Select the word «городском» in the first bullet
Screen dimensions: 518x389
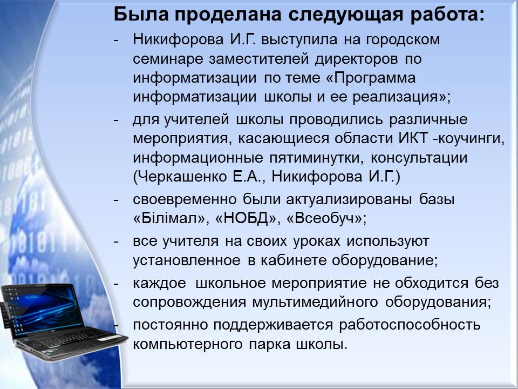(403, 40)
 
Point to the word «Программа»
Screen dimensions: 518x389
(375, 78)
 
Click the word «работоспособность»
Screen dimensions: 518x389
(410, 325)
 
